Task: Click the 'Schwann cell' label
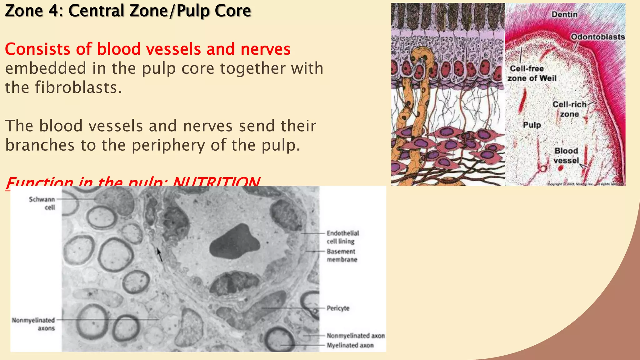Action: coord(42,203)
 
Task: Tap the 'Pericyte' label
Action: coord(338,308)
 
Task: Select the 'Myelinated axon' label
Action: coord(350,345)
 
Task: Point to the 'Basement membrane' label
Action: coord(342,255)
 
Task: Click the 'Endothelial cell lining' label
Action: coord(342,237)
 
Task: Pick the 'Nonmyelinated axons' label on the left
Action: coord(33,324)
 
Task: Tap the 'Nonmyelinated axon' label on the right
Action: coord(356,336)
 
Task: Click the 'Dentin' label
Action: coord(564,14)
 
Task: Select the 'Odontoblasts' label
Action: coord(597,37)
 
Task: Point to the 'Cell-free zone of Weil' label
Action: coord(532,73)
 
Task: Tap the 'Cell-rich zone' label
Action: coord(569,109)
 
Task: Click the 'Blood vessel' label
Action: coord(566,155)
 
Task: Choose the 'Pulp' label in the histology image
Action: coord(532,125)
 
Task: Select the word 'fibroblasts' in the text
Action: coord(78,87)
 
